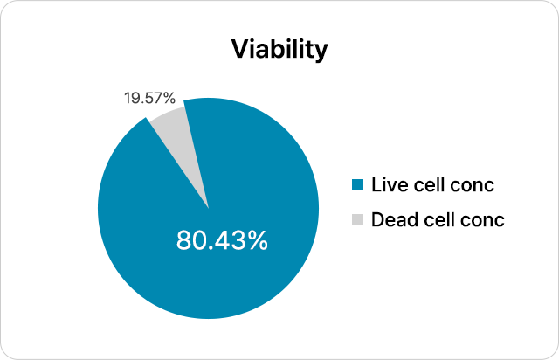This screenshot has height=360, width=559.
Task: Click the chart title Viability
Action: [279, 49]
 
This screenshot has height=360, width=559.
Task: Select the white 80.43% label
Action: [222, 240]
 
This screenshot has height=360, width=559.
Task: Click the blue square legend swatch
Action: [355, 185]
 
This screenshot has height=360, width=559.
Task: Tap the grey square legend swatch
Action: [355, 219]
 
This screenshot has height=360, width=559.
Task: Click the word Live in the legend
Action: [388, 185]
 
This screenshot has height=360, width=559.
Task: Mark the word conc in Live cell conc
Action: [474, 185]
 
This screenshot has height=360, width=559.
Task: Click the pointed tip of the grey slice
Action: [208, 206]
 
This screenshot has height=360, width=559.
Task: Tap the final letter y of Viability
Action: [321, 52]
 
